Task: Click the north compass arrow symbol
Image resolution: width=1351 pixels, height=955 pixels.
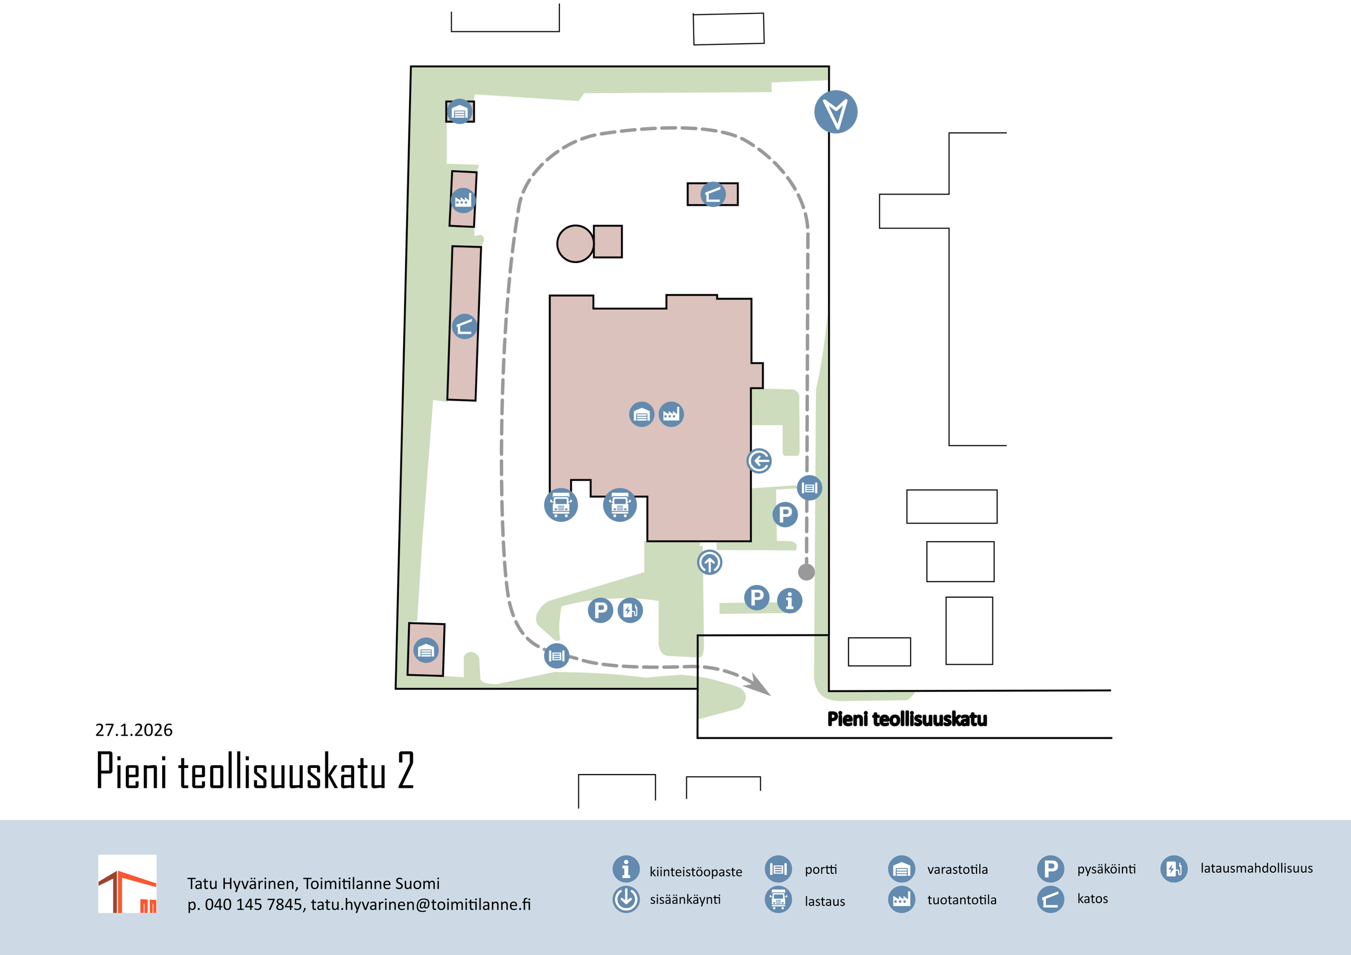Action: click(x=835, y=112)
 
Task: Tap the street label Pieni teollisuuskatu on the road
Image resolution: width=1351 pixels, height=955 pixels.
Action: click(x=907, y=719)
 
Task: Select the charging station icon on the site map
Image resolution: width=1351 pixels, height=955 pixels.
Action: click(x=630, y=610)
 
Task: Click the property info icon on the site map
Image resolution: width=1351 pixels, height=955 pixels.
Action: click(x=790, y=601)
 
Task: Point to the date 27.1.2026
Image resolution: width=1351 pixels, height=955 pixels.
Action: click(x=133, y=730)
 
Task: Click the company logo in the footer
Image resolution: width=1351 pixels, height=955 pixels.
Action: click(x=127, y=884)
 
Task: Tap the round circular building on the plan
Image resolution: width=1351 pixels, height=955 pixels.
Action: click(x=575, y=244)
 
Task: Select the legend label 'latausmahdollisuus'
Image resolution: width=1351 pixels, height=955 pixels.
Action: click(x=1256, y=869)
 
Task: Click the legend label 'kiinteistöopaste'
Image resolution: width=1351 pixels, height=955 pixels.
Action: click(x=695, y=872)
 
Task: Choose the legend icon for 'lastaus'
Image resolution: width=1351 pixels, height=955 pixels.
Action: click(x=778, y=900)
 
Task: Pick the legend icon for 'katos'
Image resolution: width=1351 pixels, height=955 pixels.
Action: click(x=1051, y=900)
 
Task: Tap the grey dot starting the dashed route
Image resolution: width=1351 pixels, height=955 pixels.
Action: click(x=806, y=572)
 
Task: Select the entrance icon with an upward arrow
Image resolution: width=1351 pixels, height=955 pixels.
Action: click(x=710, y=563)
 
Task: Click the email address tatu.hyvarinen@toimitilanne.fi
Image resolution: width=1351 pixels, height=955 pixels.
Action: click(x=421, y=904)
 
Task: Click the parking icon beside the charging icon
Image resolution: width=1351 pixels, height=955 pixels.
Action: click(x=600, y=610)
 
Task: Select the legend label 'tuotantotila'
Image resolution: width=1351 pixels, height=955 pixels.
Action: click(x=961, y=900)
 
